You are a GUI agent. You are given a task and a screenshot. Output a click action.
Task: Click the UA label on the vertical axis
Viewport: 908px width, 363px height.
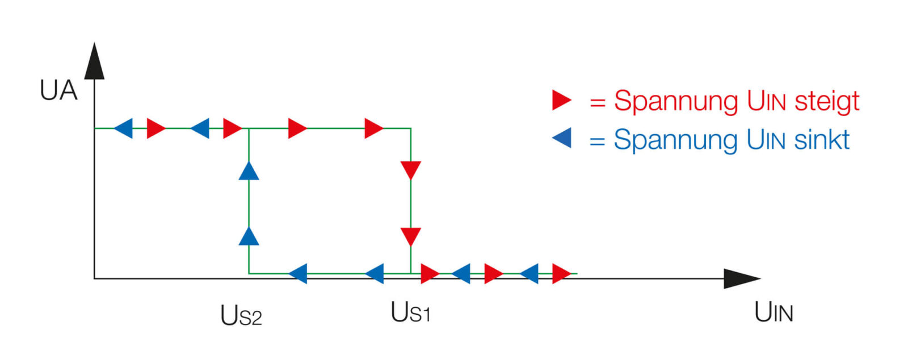[x=58, y=90]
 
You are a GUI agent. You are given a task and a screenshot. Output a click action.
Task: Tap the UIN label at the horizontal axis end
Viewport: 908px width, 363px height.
[x=774, y=312]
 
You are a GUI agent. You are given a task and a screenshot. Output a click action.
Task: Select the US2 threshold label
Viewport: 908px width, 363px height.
[x=241, y=315]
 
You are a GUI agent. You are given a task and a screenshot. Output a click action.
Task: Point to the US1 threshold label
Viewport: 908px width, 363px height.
[x=410, y=312]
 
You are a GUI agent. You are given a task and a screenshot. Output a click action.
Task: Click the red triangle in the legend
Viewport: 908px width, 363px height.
[x=561, y=100]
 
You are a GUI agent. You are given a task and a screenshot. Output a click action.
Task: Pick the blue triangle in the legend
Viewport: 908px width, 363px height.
[x=562, y=137]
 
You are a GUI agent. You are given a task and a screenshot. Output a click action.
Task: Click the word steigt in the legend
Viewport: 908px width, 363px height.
[x=827, y=102]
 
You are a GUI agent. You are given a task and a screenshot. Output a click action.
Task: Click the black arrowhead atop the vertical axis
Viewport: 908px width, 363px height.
[x=95, y=61]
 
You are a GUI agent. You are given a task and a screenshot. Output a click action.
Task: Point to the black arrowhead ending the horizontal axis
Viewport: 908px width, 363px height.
[x=741, y=278]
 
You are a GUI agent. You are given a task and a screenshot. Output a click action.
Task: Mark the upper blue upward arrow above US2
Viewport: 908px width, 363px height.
[x=249, y=171]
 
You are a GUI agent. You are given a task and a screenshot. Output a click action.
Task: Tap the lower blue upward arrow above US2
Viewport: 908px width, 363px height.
[x=249, y=236]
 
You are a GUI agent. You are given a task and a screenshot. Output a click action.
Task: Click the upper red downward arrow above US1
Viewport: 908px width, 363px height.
[x=410, y=170]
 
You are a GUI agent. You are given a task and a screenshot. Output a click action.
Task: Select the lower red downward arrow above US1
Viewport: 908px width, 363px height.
[x=410, y=236]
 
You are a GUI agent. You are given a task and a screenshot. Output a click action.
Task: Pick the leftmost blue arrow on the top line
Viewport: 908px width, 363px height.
[x=124, y=128]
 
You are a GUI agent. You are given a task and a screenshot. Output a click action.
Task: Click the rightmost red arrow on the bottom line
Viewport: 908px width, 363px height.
[x=561, y=273]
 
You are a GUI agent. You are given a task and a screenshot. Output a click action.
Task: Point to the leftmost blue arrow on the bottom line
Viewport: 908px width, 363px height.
[x=299, y=273]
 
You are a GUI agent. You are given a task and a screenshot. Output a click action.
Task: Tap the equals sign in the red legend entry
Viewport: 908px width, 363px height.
[x=598, y=103]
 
